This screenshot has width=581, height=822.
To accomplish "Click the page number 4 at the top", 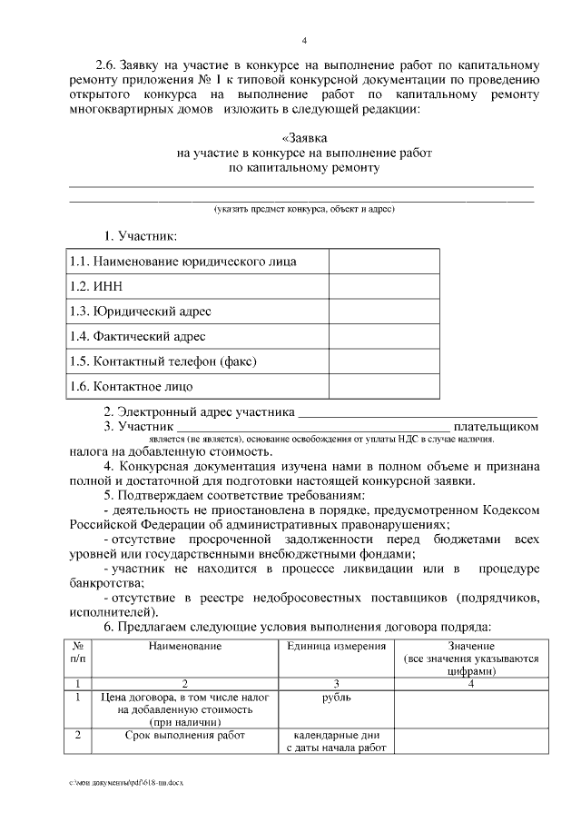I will pyautogui.click(x=304, y=40).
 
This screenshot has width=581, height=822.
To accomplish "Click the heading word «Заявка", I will pyautogui.click(x=304, y=138).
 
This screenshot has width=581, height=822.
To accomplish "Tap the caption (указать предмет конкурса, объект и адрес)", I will pyautogui.click(x=304, y=209).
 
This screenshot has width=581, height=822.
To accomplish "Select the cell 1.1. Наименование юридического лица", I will pyautogui.click(x=183, y=262).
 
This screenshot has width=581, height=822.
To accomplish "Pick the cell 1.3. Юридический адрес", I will pyautogui.click(x=141, y=312).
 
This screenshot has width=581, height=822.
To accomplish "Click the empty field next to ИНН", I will pyautogui.click(x=383, y=287).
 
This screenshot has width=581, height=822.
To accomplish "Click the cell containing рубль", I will pyautogui.click(x=336, y=698).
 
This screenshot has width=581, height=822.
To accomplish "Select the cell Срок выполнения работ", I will pyautogui.click(x=186, y=735).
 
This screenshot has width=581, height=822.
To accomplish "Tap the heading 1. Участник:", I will pyautogui.click(x=140, y=236).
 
